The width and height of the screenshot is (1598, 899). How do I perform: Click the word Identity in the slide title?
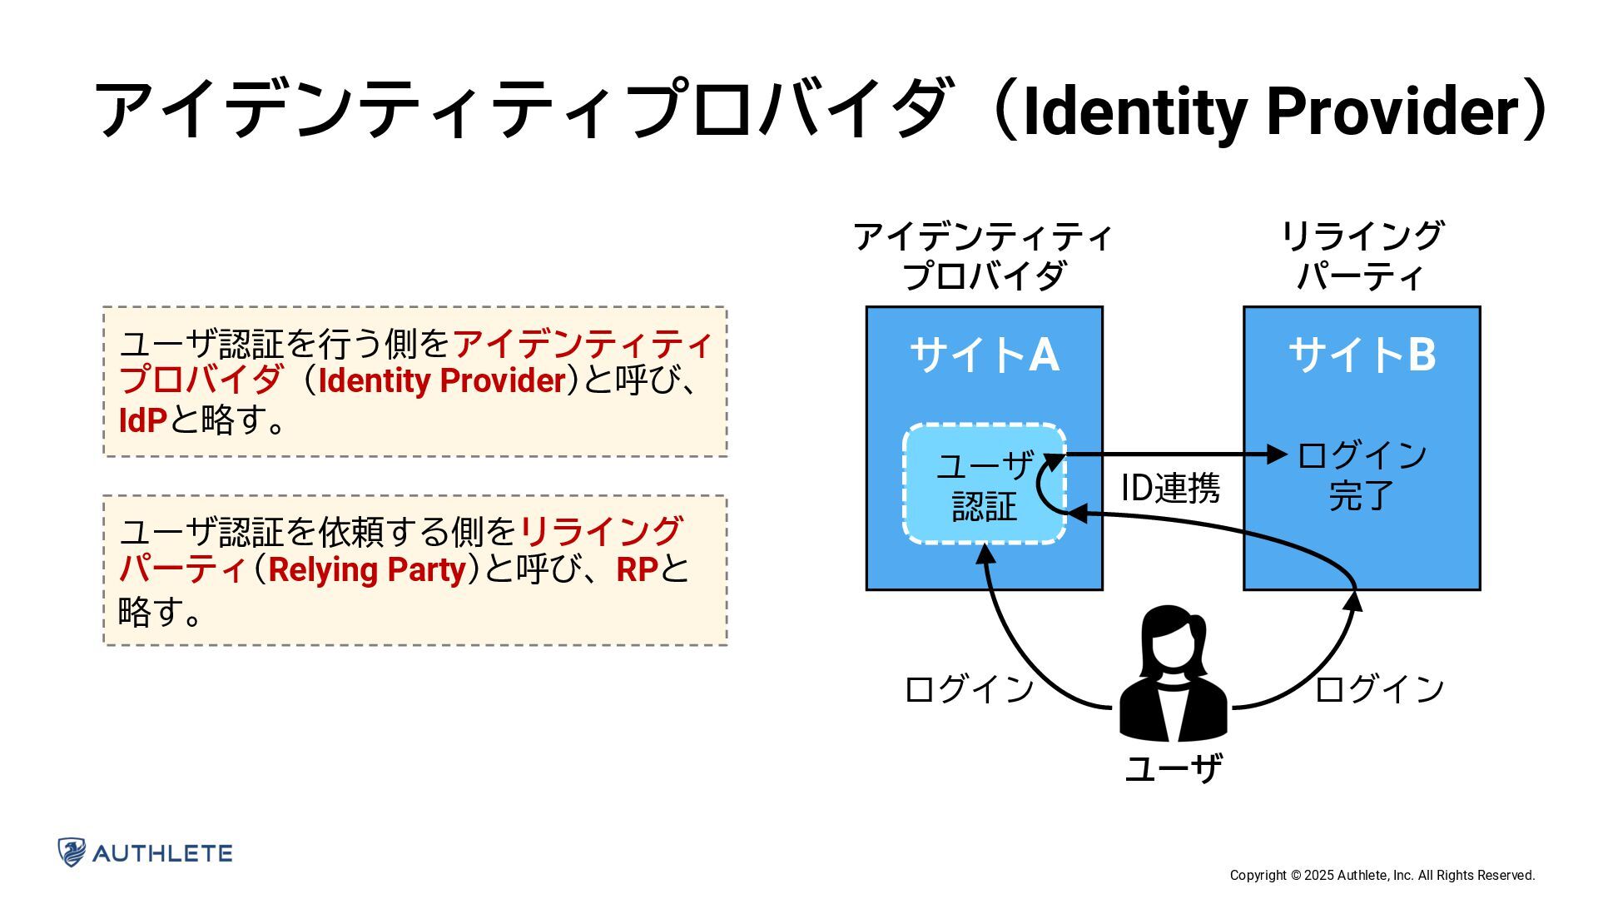point(1133,111)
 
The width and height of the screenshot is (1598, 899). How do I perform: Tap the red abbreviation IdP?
point(143,420)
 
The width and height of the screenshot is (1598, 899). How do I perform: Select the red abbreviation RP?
point(637,570)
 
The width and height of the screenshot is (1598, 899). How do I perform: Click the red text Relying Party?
point(366,570)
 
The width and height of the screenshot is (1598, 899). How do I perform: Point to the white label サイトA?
point(985,355)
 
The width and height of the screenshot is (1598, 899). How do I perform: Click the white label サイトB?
point(1362,355)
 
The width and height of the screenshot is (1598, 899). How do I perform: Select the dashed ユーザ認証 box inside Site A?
point(984,484)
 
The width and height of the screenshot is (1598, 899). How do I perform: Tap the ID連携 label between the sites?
point(1169,488)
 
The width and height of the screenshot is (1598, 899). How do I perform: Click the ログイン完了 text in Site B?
point(1362,474)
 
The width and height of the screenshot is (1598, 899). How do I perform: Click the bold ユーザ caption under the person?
point(1173,767)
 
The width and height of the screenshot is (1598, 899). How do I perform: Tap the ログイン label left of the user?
point(969,689)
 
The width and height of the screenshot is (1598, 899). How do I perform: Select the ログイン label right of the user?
point(1379,689)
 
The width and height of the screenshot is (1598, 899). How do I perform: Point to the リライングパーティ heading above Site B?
point(1362,256)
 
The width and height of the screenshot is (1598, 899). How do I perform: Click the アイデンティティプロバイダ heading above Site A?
point(984,256)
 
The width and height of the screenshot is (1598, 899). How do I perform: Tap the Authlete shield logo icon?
point(72,852)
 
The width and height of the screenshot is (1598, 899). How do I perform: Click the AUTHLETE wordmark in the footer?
point(162,853)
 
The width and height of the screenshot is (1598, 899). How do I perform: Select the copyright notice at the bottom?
point(1382,875)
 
